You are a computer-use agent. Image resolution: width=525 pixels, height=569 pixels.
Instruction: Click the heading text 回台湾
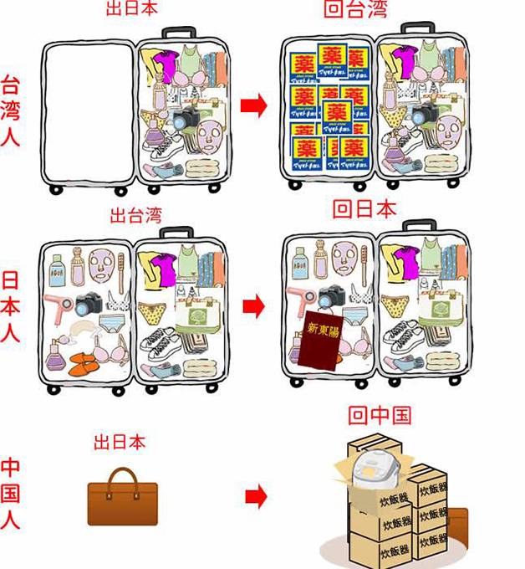(x=354, y=11)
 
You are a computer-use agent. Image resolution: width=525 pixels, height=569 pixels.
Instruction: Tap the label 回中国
(x=380, y=415)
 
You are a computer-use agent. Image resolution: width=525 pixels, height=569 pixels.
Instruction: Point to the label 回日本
(x=364, y=209)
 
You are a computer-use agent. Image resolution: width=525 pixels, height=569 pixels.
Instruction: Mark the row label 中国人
(x=12, y=494)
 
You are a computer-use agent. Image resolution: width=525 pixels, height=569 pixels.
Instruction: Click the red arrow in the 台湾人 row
(x=253, y=105)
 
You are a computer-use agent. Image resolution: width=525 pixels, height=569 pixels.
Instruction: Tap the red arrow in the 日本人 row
(x=253, y=306)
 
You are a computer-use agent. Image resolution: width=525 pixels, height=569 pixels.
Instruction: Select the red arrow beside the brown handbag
(x=256, y=497)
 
